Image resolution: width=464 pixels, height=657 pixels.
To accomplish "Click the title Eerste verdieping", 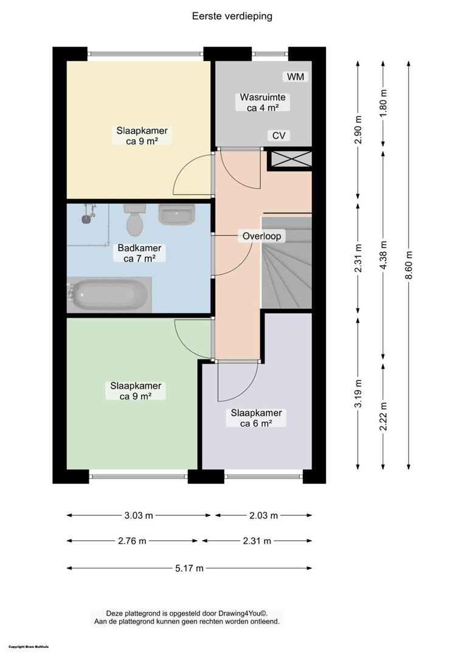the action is pos(232,16).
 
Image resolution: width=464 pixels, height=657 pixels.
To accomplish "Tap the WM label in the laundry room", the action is pos(296,77).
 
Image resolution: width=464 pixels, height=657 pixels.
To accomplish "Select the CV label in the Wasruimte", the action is pos(279,136).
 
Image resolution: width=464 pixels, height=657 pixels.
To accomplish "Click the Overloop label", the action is pos(261,236).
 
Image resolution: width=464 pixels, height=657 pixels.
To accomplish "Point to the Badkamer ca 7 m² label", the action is pos(139,253).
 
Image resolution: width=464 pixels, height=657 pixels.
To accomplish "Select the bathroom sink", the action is pos(176,214).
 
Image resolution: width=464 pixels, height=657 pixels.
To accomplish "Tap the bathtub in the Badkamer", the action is pos(109,294).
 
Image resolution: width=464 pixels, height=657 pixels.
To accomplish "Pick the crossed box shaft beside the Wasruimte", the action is pos(290,159).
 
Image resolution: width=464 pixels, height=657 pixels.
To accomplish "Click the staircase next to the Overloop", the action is pos(287,262).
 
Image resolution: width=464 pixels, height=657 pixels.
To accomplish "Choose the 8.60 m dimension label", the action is pos(409,265).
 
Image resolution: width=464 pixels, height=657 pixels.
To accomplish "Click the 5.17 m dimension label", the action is pos(189,568).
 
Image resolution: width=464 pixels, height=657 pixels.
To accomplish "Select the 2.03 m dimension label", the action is pos(263,515).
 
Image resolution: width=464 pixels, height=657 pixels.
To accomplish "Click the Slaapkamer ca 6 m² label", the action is pos(256,418).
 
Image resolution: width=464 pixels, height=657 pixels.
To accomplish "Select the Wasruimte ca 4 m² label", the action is pos(263,103).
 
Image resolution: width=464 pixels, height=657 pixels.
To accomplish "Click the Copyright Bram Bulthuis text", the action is pos(29,647).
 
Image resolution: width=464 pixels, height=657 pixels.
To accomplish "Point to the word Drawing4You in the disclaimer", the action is pos(238,613).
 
